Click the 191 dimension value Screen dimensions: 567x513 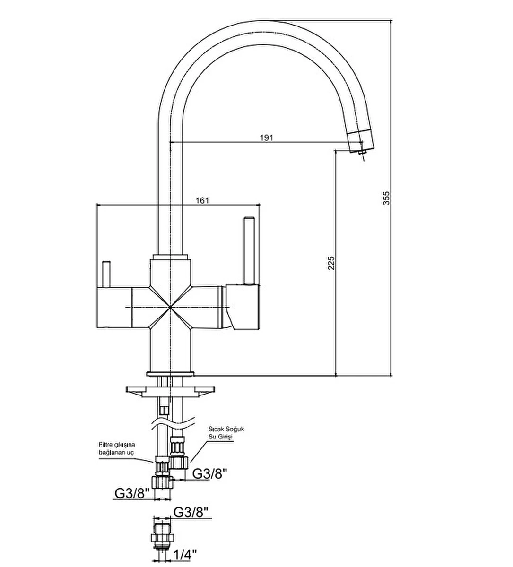(x=267, y=137)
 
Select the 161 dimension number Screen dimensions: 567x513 (x=202, y=200)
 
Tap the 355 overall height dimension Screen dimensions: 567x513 (x=386, y=198)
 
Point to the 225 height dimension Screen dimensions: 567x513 (x=331, y=263)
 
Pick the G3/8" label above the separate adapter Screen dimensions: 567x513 (x=191, y=512)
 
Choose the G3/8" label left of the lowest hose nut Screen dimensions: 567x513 (x=132, y=493)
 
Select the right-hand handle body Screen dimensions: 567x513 (x=243, y=306)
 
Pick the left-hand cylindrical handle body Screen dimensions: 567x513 (x=113, y=307)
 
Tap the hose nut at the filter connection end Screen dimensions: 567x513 (x=162, y=481)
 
